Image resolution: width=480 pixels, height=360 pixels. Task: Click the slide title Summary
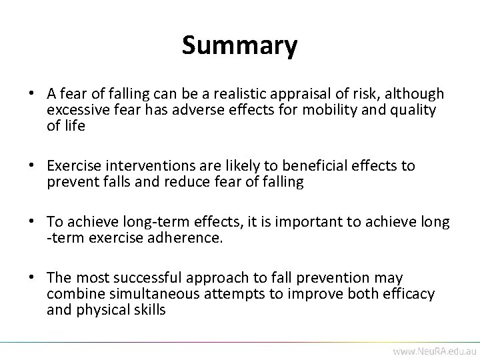(239, 46)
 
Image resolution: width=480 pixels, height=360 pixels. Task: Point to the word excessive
(73, 110)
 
